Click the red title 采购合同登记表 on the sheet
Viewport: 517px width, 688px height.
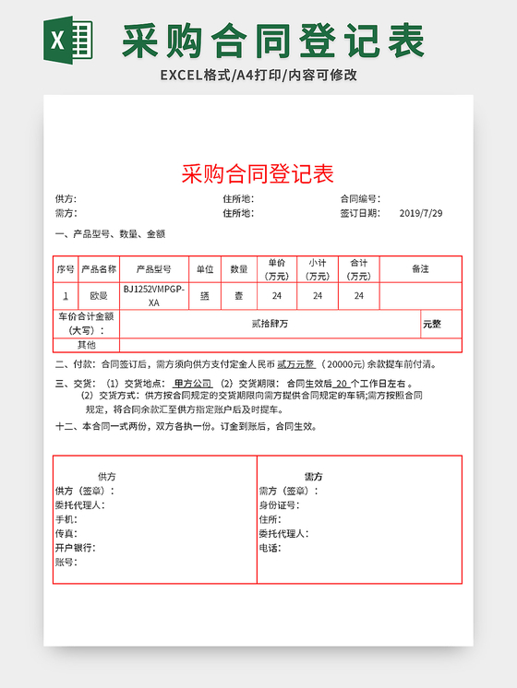click(x=258, y=173)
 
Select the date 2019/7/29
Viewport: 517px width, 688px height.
click(x=420, y=213)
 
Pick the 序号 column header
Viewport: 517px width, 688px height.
click(x=65, y=269)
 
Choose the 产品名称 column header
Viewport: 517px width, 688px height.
click(x=99, y=269)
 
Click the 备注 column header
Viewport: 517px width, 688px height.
click(x=420, y=269)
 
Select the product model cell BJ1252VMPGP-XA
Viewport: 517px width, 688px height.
click(x=153, y=295)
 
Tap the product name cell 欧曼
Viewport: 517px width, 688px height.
click(x=99, y=296)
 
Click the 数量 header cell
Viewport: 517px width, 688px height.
click(x=239, y=269)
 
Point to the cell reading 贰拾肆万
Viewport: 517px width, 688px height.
click(x=270, y=324)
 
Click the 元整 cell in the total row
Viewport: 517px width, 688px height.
click(x=432, y=324)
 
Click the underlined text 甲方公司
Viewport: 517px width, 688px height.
click(x=192, y=384)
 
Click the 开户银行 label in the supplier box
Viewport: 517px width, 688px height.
click(x=75, y=548)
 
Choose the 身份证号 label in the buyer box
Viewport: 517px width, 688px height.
click(x=278, y=505)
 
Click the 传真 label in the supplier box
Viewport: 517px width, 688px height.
click(x=66, y=533)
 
